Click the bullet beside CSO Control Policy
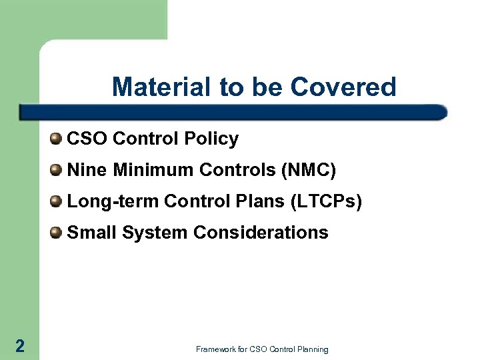(57, 139)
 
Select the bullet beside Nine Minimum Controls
(57, 170)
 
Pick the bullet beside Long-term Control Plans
(57, 201)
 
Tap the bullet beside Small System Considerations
(57, 232)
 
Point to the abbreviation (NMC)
(309, 170)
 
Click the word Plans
(251, 201)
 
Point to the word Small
(88, 232)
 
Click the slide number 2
(19, 345)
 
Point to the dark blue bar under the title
(233, 111)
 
